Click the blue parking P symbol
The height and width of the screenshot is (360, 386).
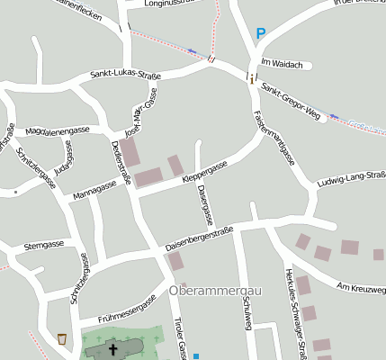click(x=261, y=34)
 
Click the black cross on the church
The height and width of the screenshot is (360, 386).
click(x=113, y=348)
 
